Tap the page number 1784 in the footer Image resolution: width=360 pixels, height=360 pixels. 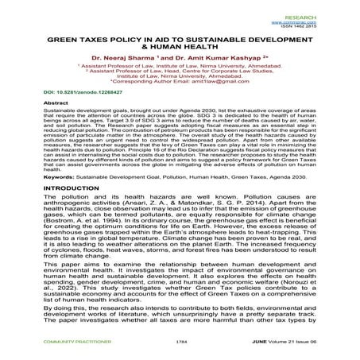180,350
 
